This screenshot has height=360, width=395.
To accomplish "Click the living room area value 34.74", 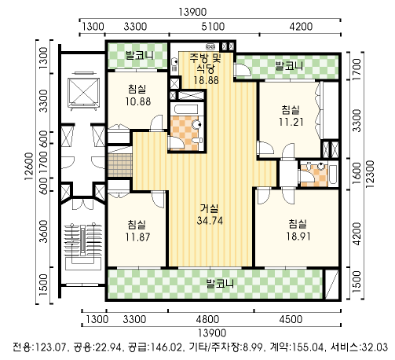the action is pyautogui.click(x=210, y=221).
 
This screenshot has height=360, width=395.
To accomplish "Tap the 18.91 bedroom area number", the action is pyautogui.click(x=298, y=237).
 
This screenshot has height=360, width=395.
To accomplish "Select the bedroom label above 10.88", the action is pyautogui.click(x=137, y=89).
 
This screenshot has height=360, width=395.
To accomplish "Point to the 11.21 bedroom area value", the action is pyautogui.click(x=291, y=122).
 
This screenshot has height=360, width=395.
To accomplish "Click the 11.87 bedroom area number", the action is pyautogui.click(x=137, y=237).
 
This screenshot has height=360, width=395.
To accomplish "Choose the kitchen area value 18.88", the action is pyautogui.click(x=206, y=80).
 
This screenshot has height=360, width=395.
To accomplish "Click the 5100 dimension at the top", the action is pyautogui.click(x=213, y=27).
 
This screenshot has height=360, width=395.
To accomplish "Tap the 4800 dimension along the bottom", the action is pyautogui.click(x=207, y=319).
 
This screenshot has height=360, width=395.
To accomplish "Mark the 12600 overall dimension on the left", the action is pyautogui.click(x=29, y=166).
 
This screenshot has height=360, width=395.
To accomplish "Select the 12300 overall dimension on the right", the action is pyautogui.click(x=370, y=174).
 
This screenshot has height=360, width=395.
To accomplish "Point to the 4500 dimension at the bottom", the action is pyautogui.click(x=291, y=319).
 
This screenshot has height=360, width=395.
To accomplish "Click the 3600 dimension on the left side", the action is pyautogui.click(x=44, y=231).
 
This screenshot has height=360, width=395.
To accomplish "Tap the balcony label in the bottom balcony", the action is pyautogui.click(x=220, y=284).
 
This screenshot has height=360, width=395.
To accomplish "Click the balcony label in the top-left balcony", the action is pyautogui.click(x=139, y=55).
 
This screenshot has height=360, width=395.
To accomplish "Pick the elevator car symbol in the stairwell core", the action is pyautogui.click(x=83, y=92).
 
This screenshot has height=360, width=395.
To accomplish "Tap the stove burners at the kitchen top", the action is pyautogui.click(x=211, y=46).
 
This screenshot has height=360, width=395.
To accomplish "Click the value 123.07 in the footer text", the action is pyautogui.click(x=49, y=347).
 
